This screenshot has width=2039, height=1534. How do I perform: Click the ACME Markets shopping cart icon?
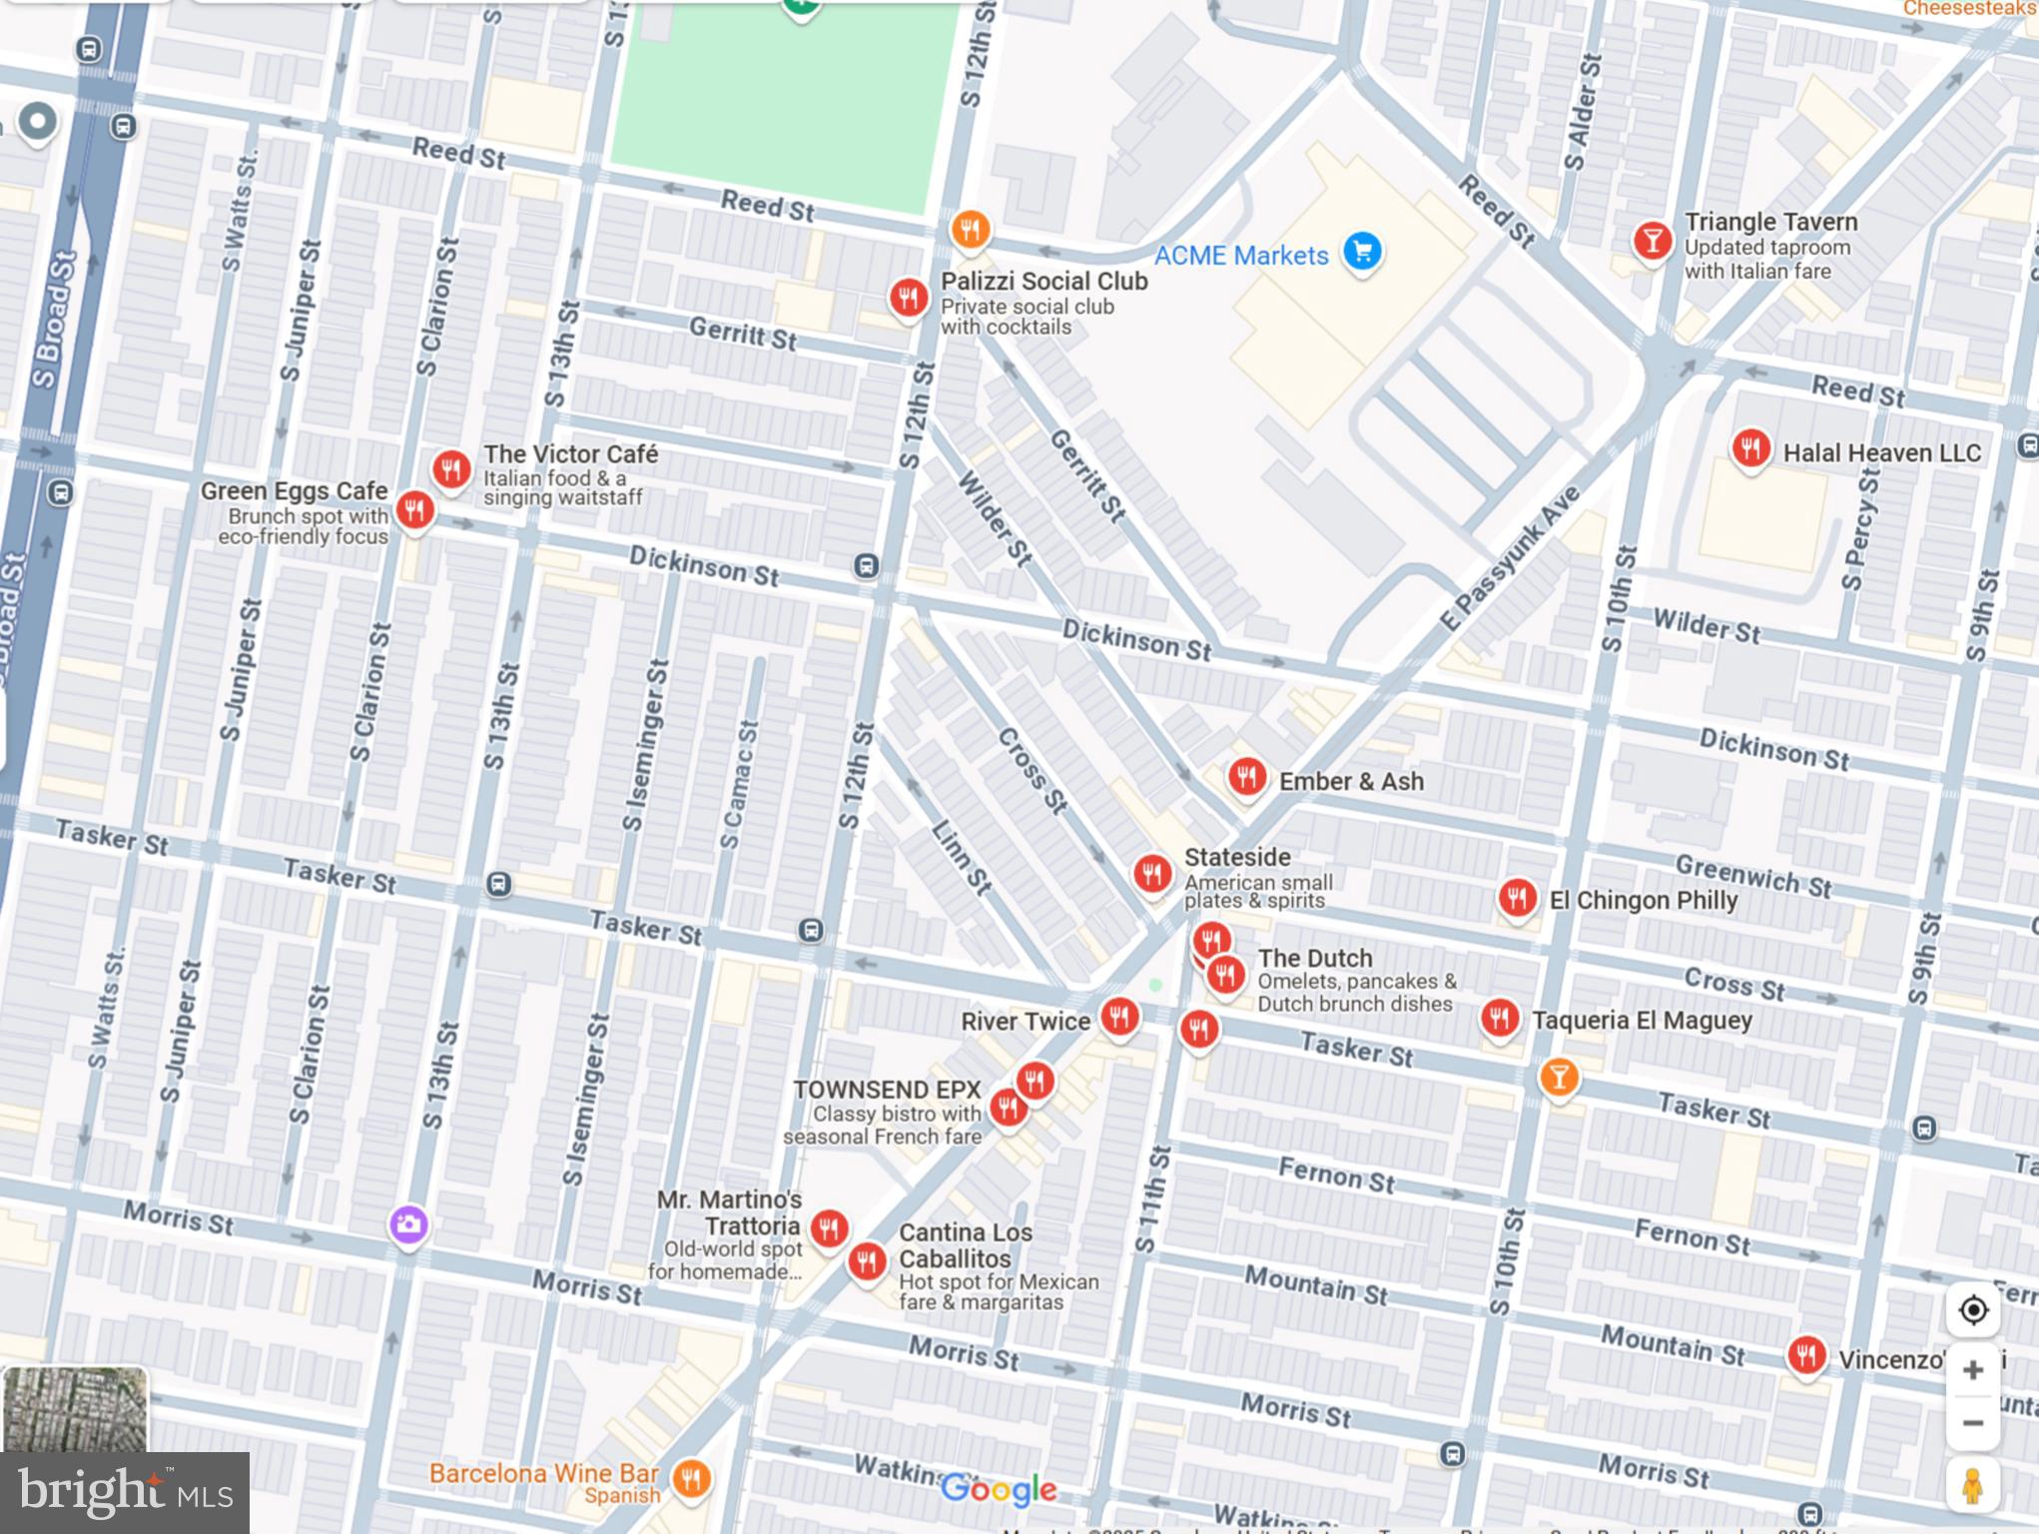1362,251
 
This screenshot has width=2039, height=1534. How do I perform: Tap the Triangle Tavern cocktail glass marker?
1652,241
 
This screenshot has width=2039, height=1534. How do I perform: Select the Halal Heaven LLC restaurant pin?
1750,448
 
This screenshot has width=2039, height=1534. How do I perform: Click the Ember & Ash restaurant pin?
1246,776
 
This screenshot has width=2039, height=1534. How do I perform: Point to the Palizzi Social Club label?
1043,282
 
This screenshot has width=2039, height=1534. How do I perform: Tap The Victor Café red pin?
451,468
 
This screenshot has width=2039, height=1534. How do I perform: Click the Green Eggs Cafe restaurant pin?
414,510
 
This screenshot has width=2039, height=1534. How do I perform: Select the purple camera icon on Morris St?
408,1224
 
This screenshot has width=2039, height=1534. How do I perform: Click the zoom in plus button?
1972,1369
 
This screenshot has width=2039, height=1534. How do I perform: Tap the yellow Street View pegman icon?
1972,1485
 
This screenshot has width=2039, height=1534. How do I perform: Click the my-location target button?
1972,1309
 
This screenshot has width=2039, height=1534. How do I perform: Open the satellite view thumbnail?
75,1409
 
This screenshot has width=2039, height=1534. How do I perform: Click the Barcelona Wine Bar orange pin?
691,1478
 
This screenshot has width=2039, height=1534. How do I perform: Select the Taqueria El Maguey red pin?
1499,1019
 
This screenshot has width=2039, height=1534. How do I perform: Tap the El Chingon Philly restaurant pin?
1517,898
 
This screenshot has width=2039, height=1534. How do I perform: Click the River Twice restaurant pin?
1119,1018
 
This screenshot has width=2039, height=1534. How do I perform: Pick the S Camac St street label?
740,785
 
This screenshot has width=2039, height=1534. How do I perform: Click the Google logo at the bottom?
999,1489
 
